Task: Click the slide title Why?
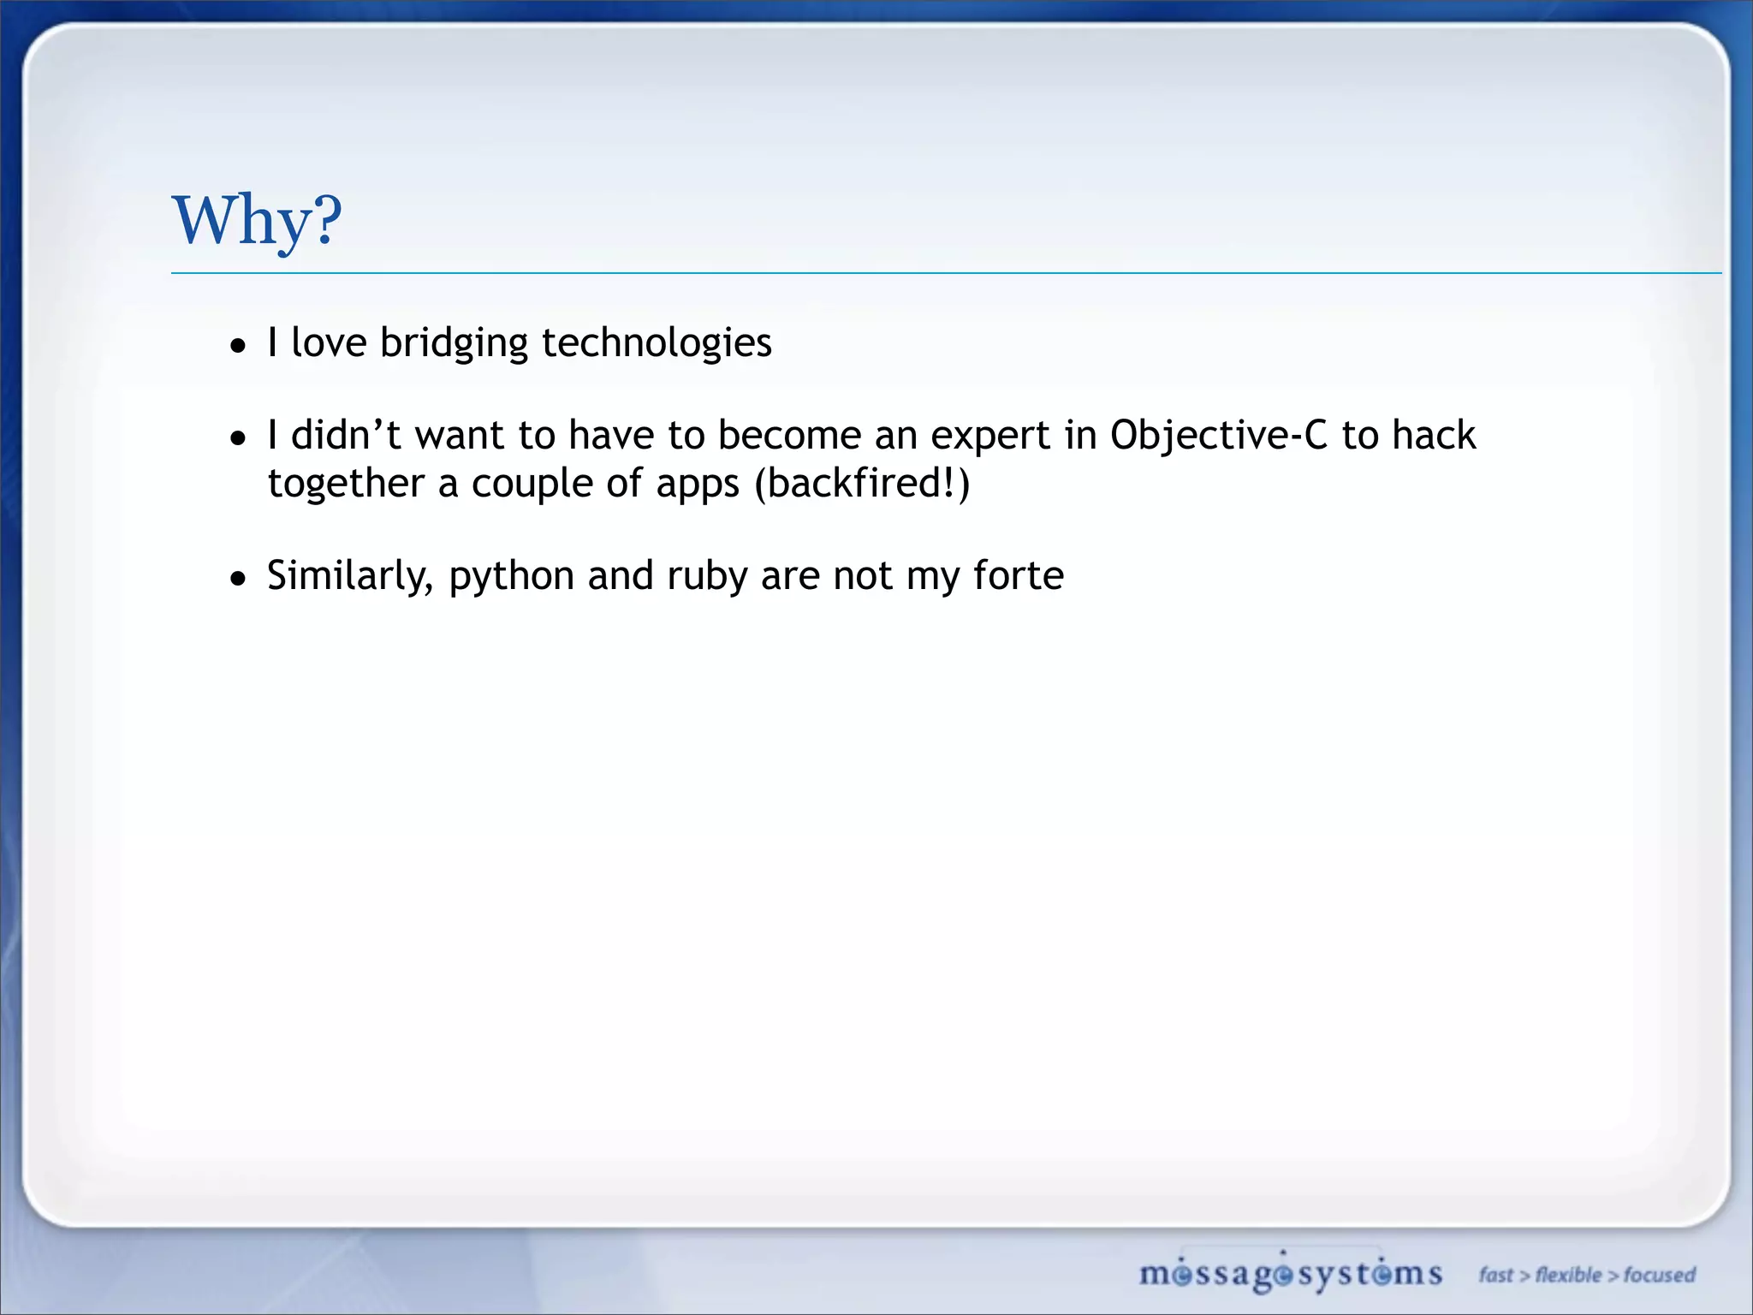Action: click(x=257, y=220)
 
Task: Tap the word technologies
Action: click(x=657, y=343)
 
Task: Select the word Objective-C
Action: click(x=1218, y=435)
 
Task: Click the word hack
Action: click(x=1434, y=435)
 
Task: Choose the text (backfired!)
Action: click(x=862, y=484)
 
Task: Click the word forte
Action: click(x=1019, y=575)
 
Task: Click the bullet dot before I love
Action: click(x=239, y=346)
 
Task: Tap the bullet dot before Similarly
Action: click(x=239, y=579)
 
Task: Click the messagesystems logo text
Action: click(x=1290, y=1274)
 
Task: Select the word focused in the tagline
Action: click(x=1659, y=1275)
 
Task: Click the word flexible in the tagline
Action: click(x=1568, y=1275)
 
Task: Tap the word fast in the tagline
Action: click(x=1496, y=1275)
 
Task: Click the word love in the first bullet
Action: click(x=329, y=343)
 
